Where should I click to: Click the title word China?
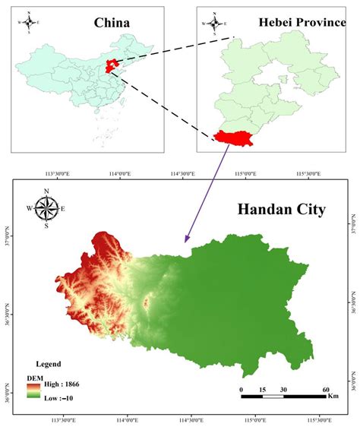tap(112, 24)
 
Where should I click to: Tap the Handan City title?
tap(280, 208)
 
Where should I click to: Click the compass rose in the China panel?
tap(29, 22)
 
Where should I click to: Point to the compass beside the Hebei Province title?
tap(215, 23)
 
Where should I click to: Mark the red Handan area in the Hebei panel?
tap(234, 136)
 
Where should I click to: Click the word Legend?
tap(47, 364)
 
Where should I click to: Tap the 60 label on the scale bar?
tap(326, 389)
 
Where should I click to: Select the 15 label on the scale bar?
tap(262, 389)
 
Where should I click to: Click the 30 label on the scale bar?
tap(283, 389)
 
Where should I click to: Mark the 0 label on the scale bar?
tap(241, 389)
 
